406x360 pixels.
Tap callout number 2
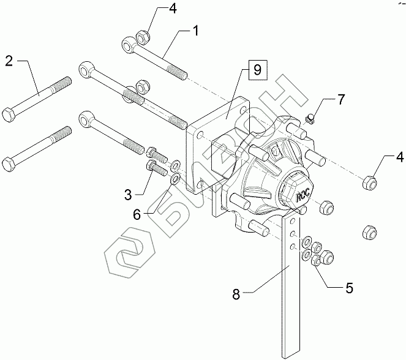[x=10, y=61]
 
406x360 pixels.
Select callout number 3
[x=128, y=195]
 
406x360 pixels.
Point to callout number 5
[x=348, y=286]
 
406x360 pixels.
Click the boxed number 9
[x=257, y=70]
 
